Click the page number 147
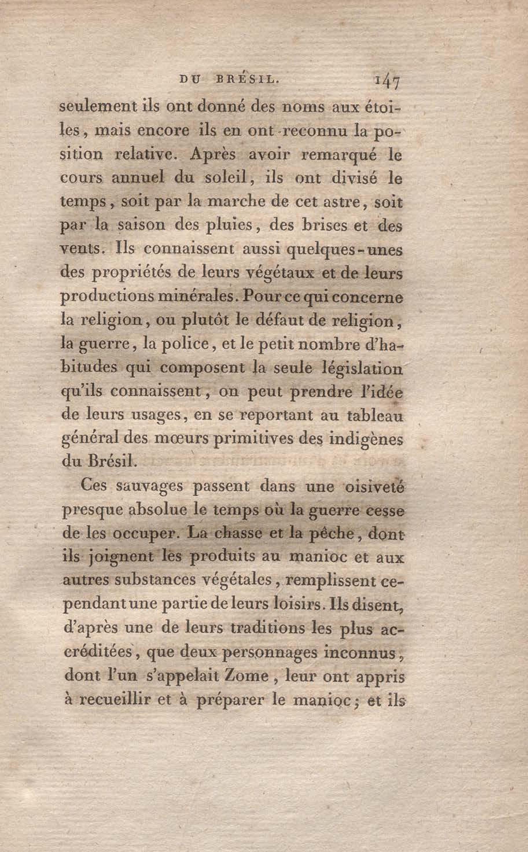pyautogui.click(x=388, y=84)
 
